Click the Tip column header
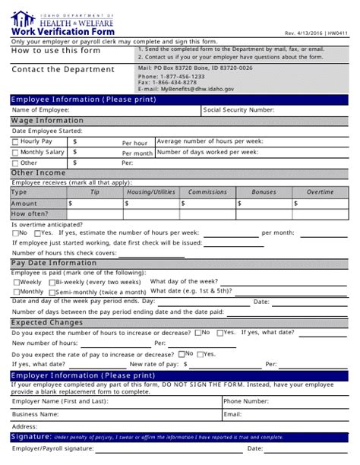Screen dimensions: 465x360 [95, 192]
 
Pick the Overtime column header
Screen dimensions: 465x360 [320, 192]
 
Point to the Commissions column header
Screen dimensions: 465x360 [207, 192]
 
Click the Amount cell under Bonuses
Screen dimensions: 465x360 [264, 204]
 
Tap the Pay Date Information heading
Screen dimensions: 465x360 [54, 263]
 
